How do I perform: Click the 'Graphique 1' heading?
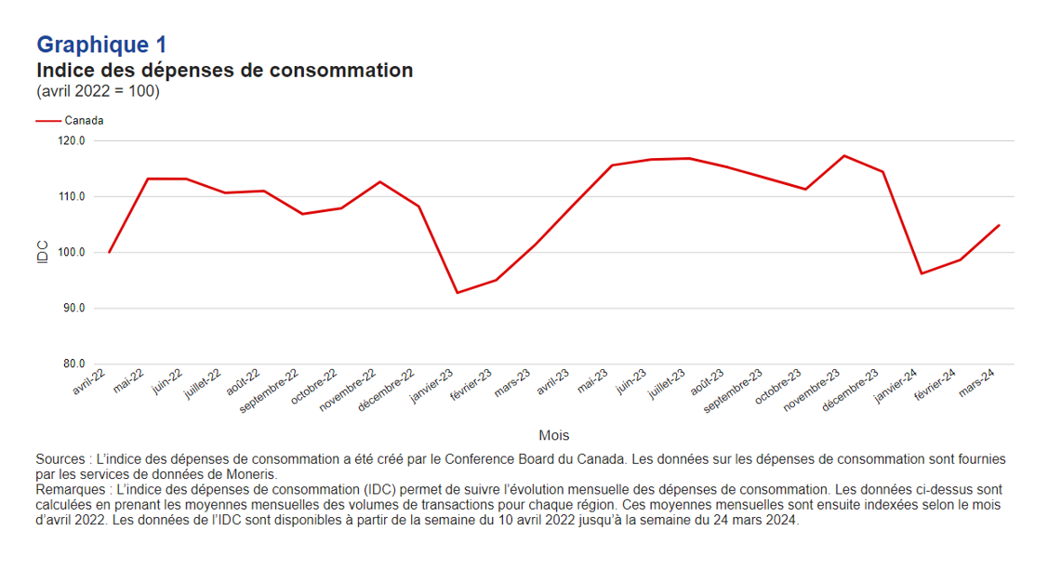click(101, 45)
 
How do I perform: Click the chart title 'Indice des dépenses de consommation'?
click(224, 71)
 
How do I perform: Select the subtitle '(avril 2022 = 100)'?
click(98, 92)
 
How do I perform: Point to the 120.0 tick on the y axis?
click(72, 141)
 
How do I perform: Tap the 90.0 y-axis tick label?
click(72, 308)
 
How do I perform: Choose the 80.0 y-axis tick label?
click(72, 364)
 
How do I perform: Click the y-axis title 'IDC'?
click(42, 252)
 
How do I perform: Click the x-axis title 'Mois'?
click(554, 435)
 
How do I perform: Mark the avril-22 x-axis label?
click(90, 382)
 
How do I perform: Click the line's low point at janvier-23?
click(458, 293)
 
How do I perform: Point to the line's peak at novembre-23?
click(844, 155)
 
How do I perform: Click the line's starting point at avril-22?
click(110, 252)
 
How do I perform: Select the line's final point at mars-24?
click(999, 225)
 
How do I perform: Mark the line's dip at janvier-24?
click(922, 273)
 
